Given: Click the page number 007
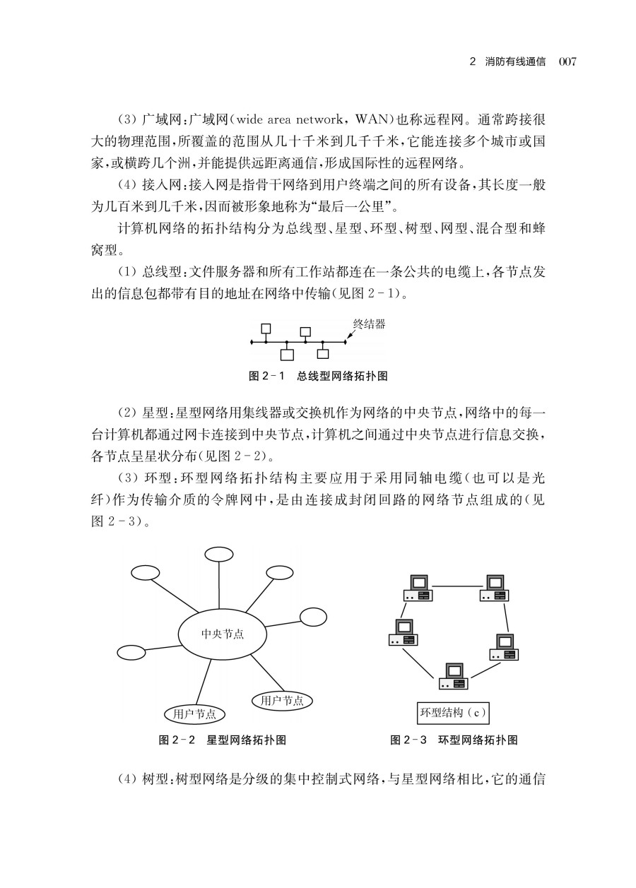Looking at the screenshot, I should tap(568, 62).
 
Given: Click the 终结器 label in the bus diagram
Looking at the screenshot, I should tap(369, 325).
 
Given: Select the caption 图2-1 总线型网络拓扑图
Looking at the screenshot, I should tap(318, 375).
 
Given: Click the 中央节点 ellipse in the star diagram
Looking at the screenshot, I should tap(223, 634).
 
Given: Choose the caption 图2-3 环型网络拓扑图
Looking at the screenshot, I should tap(454, 740).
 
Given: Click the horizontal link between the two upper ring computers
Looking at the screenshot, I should tap(456, 585).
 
